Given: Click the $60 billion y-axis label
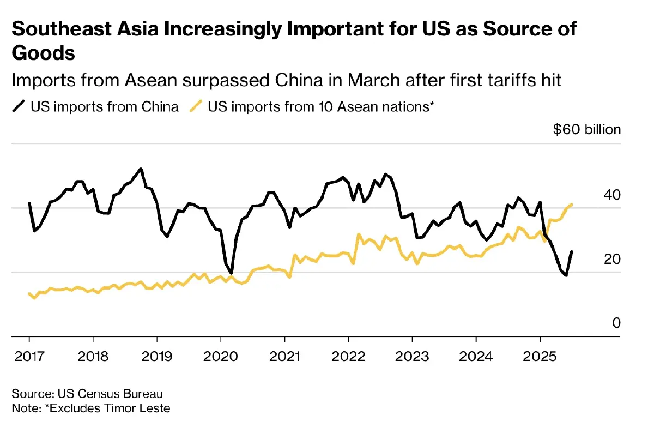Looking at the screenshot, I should (x=586, y=130).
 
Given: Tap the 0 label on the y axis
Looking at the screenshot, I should (x=616, y=323).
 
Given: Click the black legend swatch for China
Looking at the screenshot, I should (x=20, y=106).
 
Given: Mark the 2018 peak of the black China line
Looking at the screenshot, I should (x=141, y=169).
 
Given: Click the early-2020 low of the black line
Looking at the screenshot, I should (x=232, y=273).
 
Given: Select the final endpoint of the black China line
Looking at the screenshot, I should (x=571, y=251).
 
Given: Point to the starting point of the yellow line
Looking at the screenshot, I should (x=29, y=294).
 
